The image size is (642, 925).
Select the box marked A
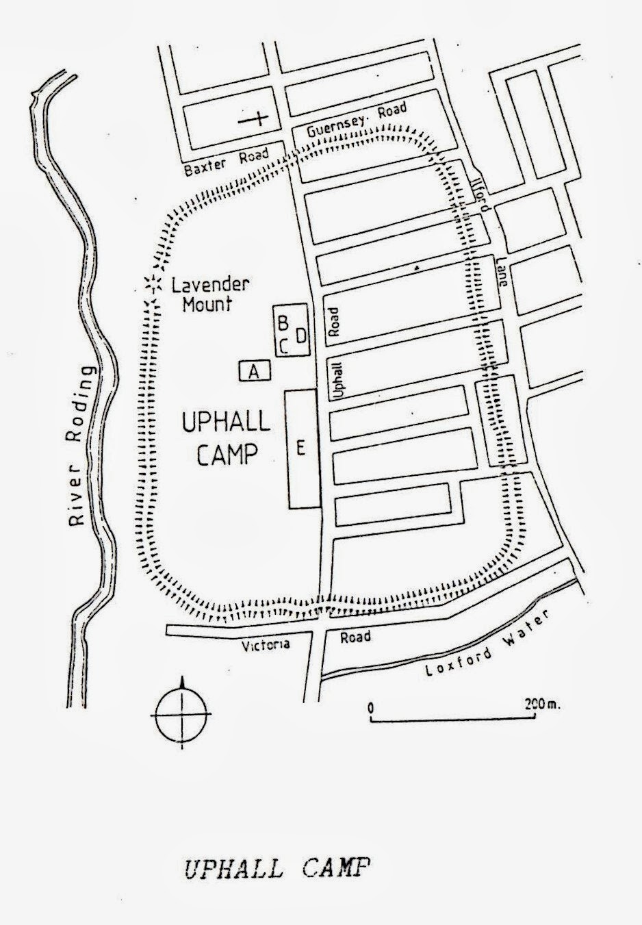point(255,372)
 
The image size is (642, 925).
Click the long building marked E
point(301,448)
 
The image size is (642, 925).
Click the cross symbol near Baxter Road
point(255,119)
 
